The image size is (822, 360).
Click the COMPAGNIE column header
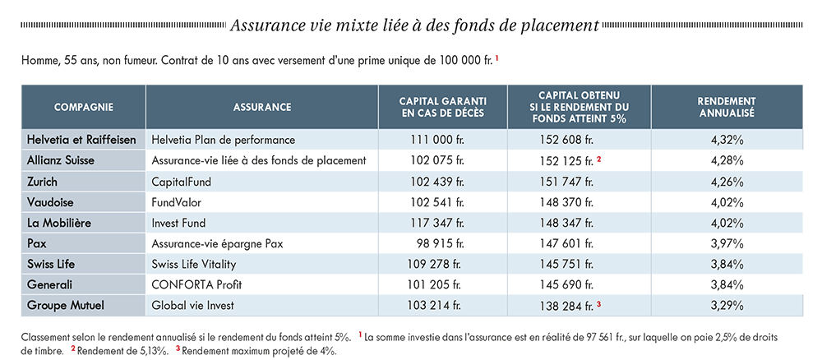point(83,108)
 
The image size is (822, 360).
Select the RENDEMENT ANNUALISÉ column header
point(726,107)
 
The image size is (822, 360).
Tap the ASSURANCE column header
point(262,108)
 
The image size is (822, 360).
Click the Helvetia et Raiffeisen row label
point(81,140)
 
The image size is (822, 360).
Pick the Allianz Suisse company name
point(61,160)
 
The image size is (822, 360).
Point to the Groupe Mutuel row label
point(66,306)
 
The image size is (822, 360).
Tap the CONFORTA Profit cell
point(196,285)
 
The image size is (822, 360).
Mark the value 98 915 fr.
point(439,243)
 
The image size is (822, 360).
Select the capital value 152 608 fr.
point(566,140)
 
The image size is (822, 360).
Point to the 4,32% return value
point(727,140)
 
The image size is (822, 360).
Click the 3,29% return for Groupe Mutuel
point(727,306)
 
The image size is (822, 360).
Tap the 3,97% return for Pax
point(727,243)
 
